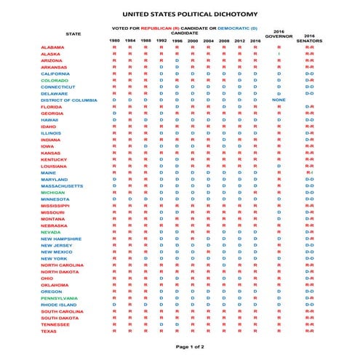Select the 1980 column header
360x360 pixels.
click(114, 41)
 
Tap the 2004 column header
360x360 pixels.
click(208, 41)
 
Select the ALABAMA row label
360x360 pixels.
click(53, 48)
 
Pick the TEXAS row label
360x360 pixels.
click(49, 331)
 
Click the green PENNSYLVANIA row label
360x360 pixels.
click(62, 297)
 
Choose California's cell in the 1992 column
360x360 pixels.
click(161, 74)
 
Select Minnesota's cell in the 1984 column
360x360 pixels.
click(129, 198)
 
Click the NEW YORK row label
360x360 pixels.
click(55, 258)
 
